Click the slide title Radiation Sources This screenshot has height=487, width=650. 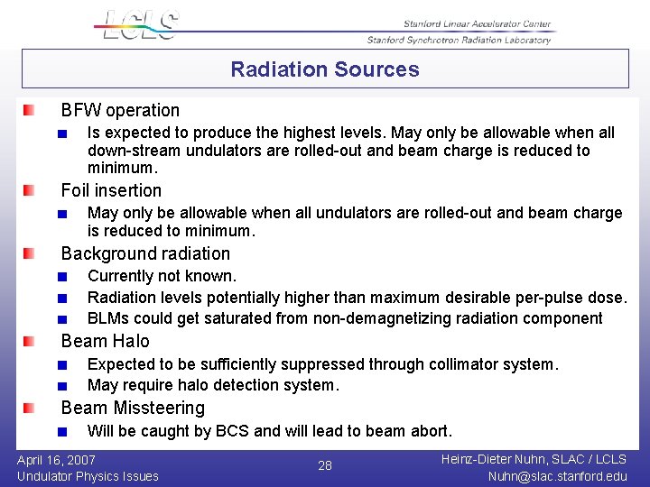[x=325, y=69]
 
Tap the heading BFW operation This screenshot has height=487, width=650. [x=120, y=110]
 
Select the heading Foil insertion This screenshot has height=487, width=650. [x=111, y=190]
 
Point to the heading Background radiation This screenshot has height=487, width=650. [x=145, y=253]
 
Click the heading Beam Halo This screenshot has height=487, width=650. [x=105, y=341]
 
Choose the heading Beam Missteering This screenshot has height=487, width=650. [x=133, y=408]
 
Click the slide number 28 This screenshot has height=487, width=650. [x=325, y=465]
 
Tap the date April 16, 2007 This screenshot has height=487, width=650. [x=56, y=459]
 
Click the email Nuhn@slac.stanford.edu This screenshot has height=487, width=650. [x=556, y=476]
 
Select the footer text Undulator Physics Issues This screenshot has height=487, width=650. [x=88, y=476]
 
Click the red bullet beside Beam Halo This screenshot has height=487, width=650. [x=30, y=341]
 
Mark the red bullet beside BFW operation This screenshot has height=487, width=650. [x=30, y=110]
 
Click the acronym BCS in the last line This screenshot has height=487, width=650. [x=232, y=431]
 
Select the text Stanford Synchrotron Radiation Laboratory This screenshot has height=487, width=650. [x=459, y=40]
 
